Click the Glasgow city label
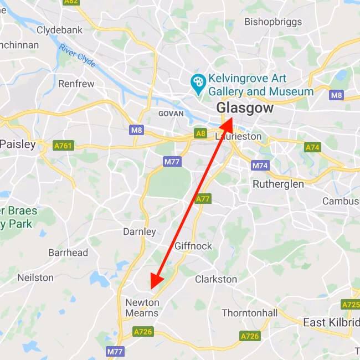pyautogui.click(x=245, y=108)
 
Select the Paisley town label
pyautogui.click(x=18, y=144)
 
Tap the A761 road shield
pyautogui.click(x=63, y=146)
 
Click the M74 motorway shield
pyautogui.click(x=260, y=166)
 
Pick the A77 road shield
pyautogui.click(x=203, y=199)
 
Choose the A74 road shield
pyautogui.click(x=312, y=147)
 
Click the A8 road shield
pyautogui.click(x=200, y=133)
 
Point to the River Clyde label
pyautogui.click(x=78, y=55)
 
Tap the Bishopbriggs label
pyautogui.click(x=273, y=22)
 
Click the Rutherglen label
pyautogui.click(x=278, y=184)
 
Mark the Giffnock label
pyautogui.click(x=193, y=245)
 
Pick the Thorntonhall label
pyautogui.click(x=249, y=313)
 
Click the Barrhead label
pyautogui.click(x=68, y=253)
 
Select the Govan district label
pyautogui.click(x=171, y=113)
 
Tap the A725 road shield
pyautogui.click(x=351, y=305)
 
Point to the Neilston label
pyautogui.click(x=35, y=277)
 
